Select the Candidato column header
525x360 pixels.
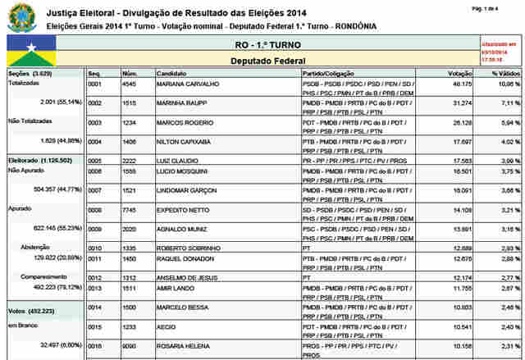172,73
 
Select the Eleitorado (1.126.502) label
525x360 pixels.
39,160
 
